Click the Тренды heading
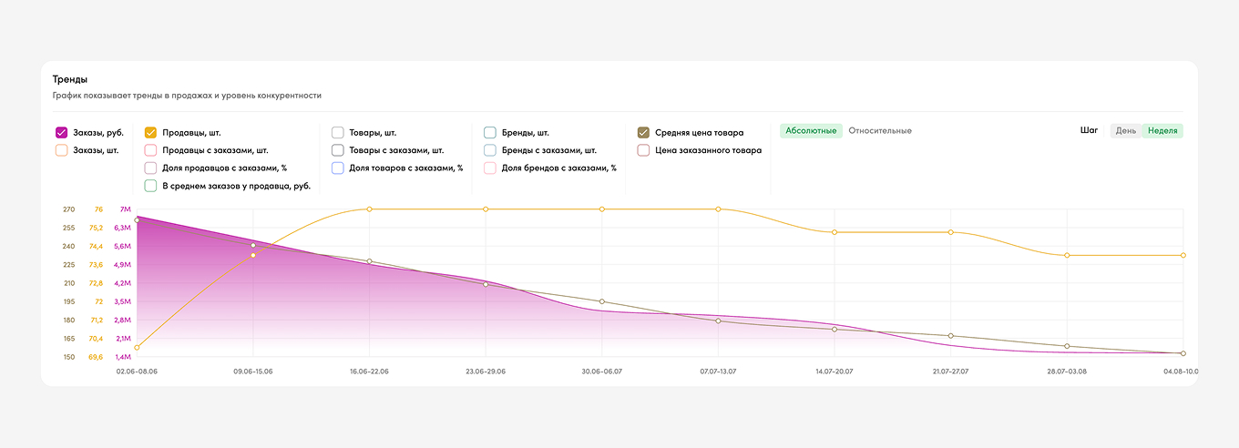[70, 79]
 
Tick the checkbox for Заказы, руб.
[62, 132]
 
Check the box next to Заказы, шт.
[62, 150]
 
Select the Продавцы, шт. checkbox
[151, 132]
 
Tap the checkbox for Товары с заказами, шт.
[338, 150]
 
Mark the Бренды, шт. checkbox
[490, 132]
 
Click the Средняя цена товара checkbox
[643, 132]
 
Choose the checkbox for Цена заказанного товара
[643, 150]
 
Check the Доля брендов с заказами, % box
[490, 168]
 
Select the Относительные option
[880, 131]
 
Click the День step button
[1126, 131]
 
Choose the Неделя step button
[1162, 131]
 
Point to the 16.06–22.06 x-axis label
[369, 372]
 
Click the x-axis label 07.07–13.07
[718, 372]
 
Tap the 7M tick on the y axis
[126, 209]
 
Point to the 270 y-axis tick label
[68, 209]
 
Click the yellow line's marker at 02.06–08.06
[137, 348]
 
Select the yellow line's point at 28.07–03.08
[1067, 256]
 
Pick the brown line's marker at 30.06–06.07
[602, 301]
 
